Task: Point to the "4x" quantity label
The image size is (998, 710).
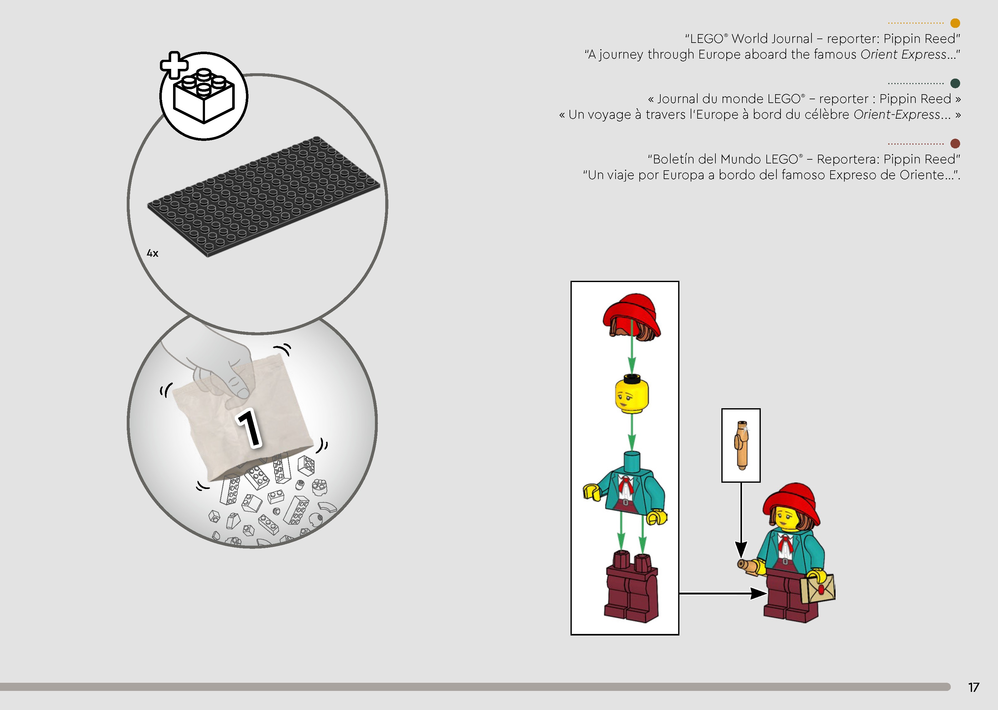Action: [152, 253]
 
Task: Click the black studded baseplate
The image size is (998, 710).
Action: [264, 196]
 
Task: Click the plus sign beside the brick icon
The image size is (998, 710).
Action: [174, 65]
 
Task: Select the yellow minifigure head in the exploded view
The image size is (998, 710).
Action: [632, 394]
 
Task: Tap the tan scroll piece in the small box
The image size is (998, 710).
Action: [741, 445]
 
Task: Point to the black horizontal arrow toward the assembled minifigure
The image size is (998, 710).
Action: [723, 593]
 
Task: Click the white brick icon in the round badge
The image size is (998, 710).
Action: [204, 96]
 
